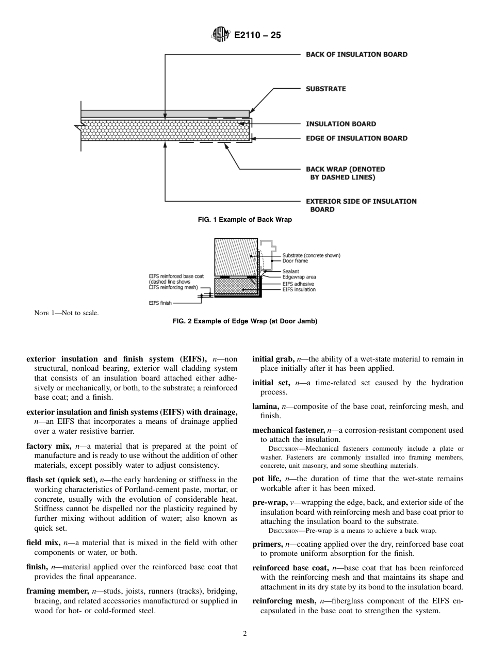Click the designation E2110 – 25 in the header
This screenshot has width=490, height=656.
pyautogui.click(x=257, y=36)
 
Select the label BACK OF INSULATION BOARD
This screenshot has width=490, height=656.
pyautogui.click(x=356, y=54)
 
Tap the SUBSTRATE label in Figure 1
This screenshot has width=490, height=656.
pyautogui.click(x=325, y=89)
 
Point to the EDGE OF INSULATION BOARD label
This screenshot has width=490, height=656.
pyautogui.click(x=356, y=138)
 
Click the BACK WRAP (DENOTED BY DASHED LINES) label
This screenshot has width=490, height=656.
pyautogui.click(x=345, y=173)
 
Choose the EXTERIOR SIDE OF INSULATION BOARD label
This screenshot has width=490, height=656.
pyautogui.click(x=361, y=205)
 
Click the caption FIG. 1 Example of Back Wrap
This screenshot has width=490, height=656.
pyautogui.click(x=245, y=220)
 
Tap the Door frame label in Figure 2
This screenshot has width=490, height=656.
pyautogui.click(x=295, y=261)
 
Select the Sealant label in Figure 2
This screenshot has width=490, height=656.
pyautogui.click(x=290, y=271)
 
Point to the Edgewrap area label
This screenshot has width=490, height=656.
pyautogui.click(x=299, y=277)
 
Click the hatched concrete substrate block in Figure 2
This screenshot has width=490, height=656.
pyautogui.click(x=235, y=257)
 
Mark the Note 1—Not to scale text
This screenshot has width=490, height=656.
pyautogui.click(x=66, y=313)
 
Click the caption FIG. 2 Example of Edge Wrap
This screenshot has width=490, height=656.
pyautogui.click(x=245, y=321)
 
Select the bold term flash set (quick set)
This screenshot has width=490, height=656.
pyautogui.click(x=61, y=480)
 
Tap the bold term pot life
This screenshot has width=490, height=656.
pyautogui.click(x=267, y=479)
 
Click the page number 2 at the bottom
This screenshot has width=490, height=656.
pyautogui.click(x=245, y=634)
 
